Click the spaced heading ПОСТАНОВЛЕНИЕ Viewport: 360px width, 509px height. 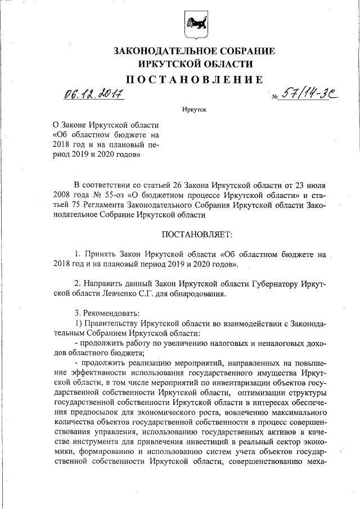[x=195, y=79]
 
